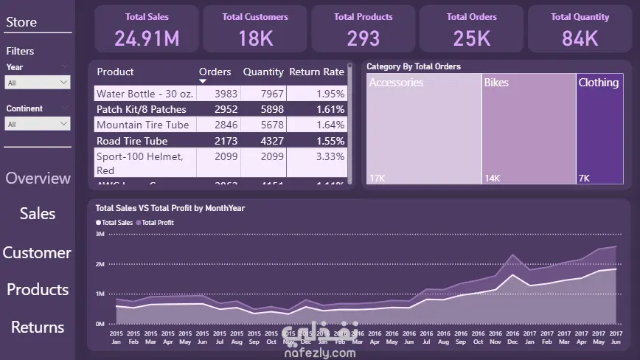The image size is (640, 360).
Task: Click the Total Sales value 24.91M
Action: tap(147, 38)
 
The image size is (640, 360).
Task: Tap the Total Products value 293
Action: tap(364, 38)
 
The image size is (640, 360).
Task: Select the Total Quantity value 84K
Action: tap(580, 38)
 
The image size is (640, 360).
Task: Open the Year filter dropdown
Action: tap(38, 83)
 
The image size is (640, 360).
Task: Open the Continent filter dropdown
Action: tap(38, 124)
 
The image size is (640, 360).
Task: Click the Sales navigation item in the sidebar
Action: tap(38, 213)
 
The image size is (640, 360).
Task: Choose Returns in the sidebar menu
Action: tap(38, 327)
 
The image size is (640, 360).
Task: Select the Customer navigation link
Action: tap(37, 252)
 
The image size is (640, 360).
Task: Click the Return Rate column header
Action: tap(316, 72)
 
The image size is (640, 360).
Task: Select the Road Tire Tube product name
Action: tap(132, 141)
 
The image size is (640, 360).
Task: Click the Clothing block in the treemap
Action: tap(599, 129)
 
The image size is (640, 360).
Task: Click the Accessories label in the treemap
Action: tap(397, 83)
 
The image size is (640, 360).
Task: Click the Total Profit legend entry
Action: tap(156, 222)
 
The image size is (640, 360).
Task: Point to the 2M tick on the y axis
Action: tap(100, 263)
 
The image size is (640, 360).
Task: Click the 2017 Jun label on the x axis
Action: tap(616, 338)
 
